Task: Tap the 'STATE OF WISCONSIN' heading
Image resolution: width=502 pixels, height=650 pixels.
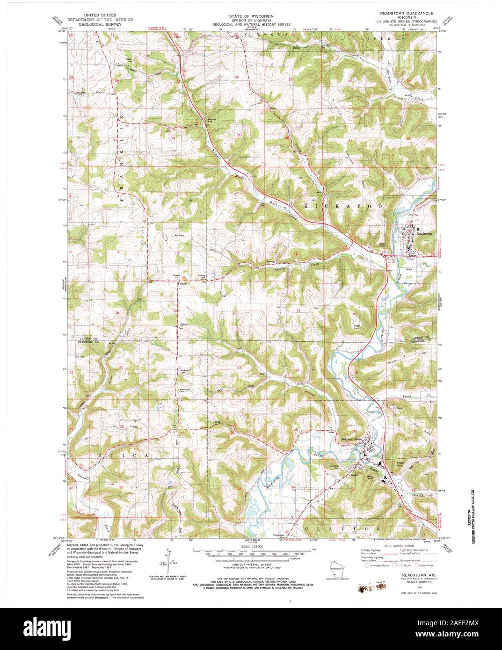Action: (x=252, y=15)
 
